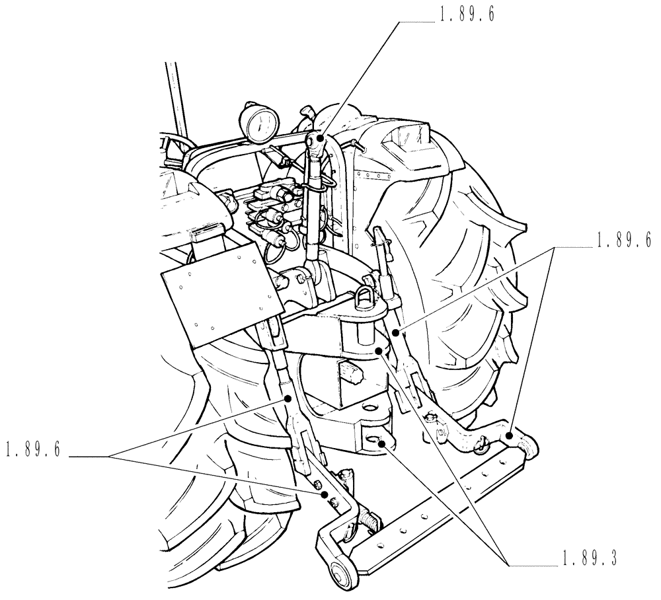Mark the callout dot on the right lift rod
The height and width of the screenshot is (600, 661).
(x=397, y=332)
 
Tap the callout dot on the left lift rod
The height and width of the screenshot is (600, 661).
(x=289, y=398)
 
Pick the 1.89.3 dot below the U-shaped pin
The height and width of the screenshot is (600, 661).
(x=379, y=351)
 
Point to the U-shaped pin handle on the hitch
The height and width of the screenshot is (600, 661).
(x=363, y=293)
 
